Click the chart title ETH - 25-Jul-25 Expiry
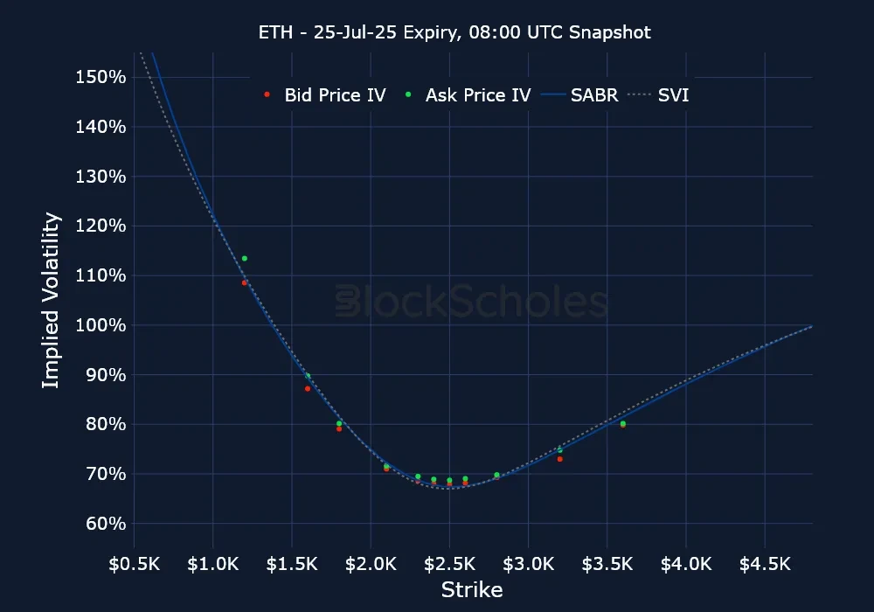point(454,32)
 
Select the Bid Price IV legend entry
point(325,95)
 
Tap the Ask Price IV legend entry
point(468,95)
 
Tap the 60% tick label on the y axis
point(108,524)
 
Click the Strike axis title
point(472,590)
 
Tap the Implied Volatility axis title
point(52,300)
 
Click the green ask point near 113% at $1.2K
point(245,259)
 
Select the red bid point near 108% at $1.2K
point(245,282)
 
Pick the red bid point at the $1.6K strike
point(308,388)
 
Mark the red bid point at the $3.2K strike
point(560,459)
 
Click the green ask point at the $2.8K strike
point(496,475)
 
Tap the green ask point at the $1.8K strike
point(339,424)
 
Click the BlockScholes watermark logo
point(472,303)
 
